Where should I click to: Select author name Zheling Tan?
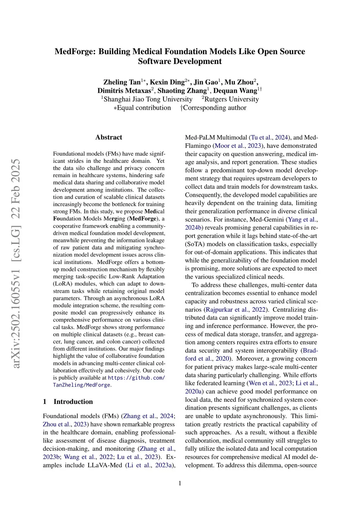[x=122, y=82]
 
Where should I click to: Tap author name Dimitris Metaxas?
[x=124, y=91]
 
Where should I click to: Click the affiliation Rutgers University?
[x=231, y=99]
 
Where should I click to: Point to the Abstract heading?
[x=109, y=137]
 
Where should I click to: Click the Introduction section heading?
[x=73, y=402]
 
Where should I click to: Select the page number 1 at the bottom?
[x=180, y=483]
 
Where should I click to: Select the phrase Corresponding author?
[x=214, y=108]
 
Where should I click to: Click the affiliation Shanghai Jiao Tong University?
[x=148, y=99]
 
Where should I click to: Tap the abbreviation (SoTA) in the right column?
[x=195, y=244]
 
